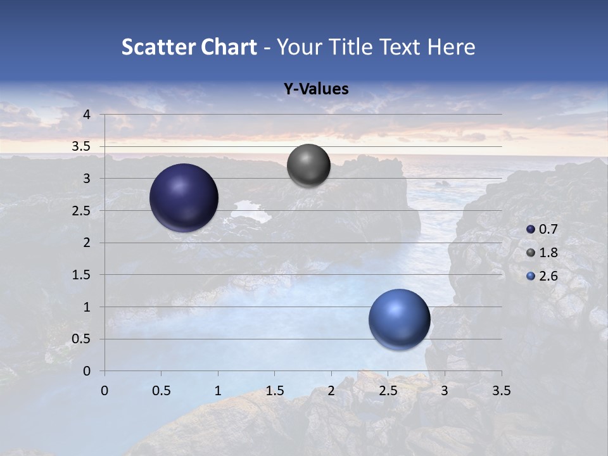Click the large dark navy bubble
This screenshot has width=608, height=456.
point(184,198)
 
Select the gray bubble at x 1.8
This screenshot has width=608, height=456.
point(308,165)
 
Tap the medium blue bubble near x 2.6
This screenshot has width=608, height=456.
point(399,319)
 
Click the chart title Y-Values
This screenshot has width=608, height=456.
point(315,89)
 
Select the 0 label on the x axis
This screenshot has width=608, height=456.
point(104,391)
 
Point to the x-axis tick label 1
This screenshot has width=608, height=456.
point(218,391)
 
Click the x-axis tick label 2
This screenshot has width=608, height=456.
point(331,391)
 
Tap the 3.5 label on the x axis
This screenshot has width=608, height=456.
point(501,391)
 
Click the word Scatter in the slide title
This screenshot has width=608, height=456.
point(158,47)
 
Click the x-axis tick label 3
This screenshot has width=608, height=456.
point(445,391)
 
